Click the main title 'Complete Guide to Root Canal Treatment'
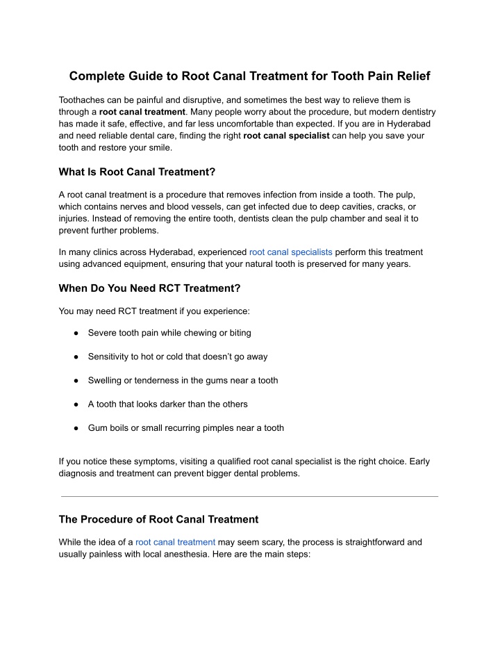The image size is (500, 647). [x=249, y=75]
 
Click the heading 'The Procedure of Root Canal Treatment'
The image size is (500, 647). [x=158, y=518]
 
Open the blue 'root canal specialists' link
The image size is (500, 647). [x=290, y=252]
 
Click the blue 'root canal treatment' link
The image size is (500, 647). [x=175, y=542]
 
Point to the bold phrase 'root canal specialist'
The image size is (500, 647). [x=286, y=136]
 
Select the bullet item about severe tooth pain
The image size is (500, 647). [x=169, y=333]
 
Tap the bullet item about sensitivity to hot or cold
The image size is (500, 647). [x=178, y=357]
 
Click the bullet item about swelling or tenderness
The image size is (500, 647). [x=183, y=380]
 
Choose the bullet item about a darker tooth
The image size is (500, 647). [x=167, y=404]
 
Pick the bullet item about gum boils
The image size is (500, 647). [x=185, y=427]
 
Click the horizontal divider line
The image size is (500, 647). [x=249, y=496]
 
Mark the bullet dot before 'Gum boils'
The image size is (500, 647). [x=74, y=428]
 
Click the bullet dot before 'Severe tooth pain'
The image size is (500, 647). [x=74, y=334]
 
